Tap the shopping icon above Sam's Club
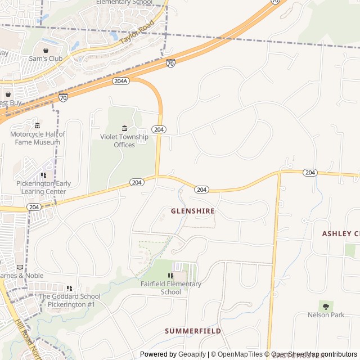coord(46,49)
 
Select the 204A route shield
coord(120,81)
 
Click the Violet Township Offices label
coord(124,141)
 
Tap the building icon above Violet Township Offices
coord(124,129)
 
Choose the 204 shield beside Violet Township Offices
coord(159,129)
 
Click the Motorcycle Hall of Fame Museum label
coord(38,138)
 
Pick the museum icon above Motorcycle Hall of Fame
coord(37,125)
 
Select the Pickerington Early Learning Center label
coord(43,187)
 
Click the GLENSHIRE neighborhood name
coord(193,211)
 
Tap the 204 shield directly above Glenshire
coord(202,190)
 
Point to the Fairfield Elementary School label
coord(171,288)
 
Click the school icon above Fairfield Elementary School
coord(170,276)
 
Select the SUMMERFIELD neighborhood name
coord(192,331)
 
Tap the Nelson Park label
coord(326,315)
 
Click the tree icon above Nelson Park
coord(326,306)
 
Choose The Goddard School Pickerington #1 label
coord(69,300)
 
